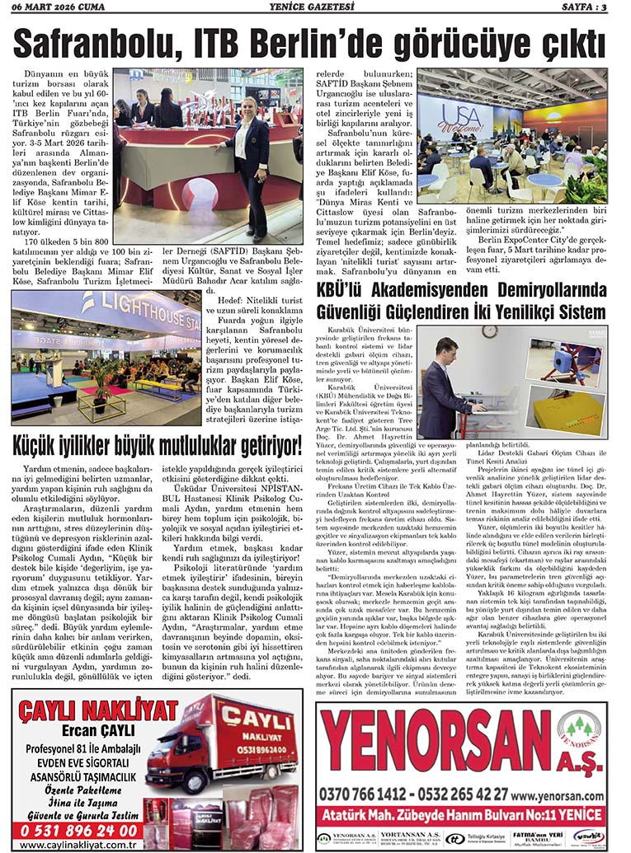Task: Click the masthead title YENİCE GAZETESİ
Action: (314, 7)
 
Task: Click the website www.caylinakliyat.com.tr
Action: (78, 844)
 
